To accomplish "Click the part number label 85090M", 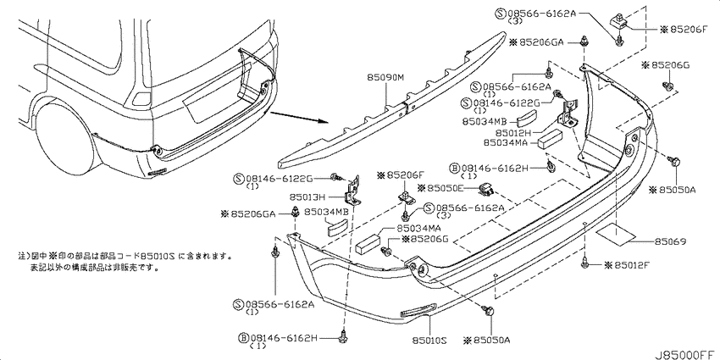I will point(387,76).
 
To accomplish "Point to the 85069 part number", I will point(669,242).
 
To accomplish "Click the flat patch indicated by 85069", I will point(614,231).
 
